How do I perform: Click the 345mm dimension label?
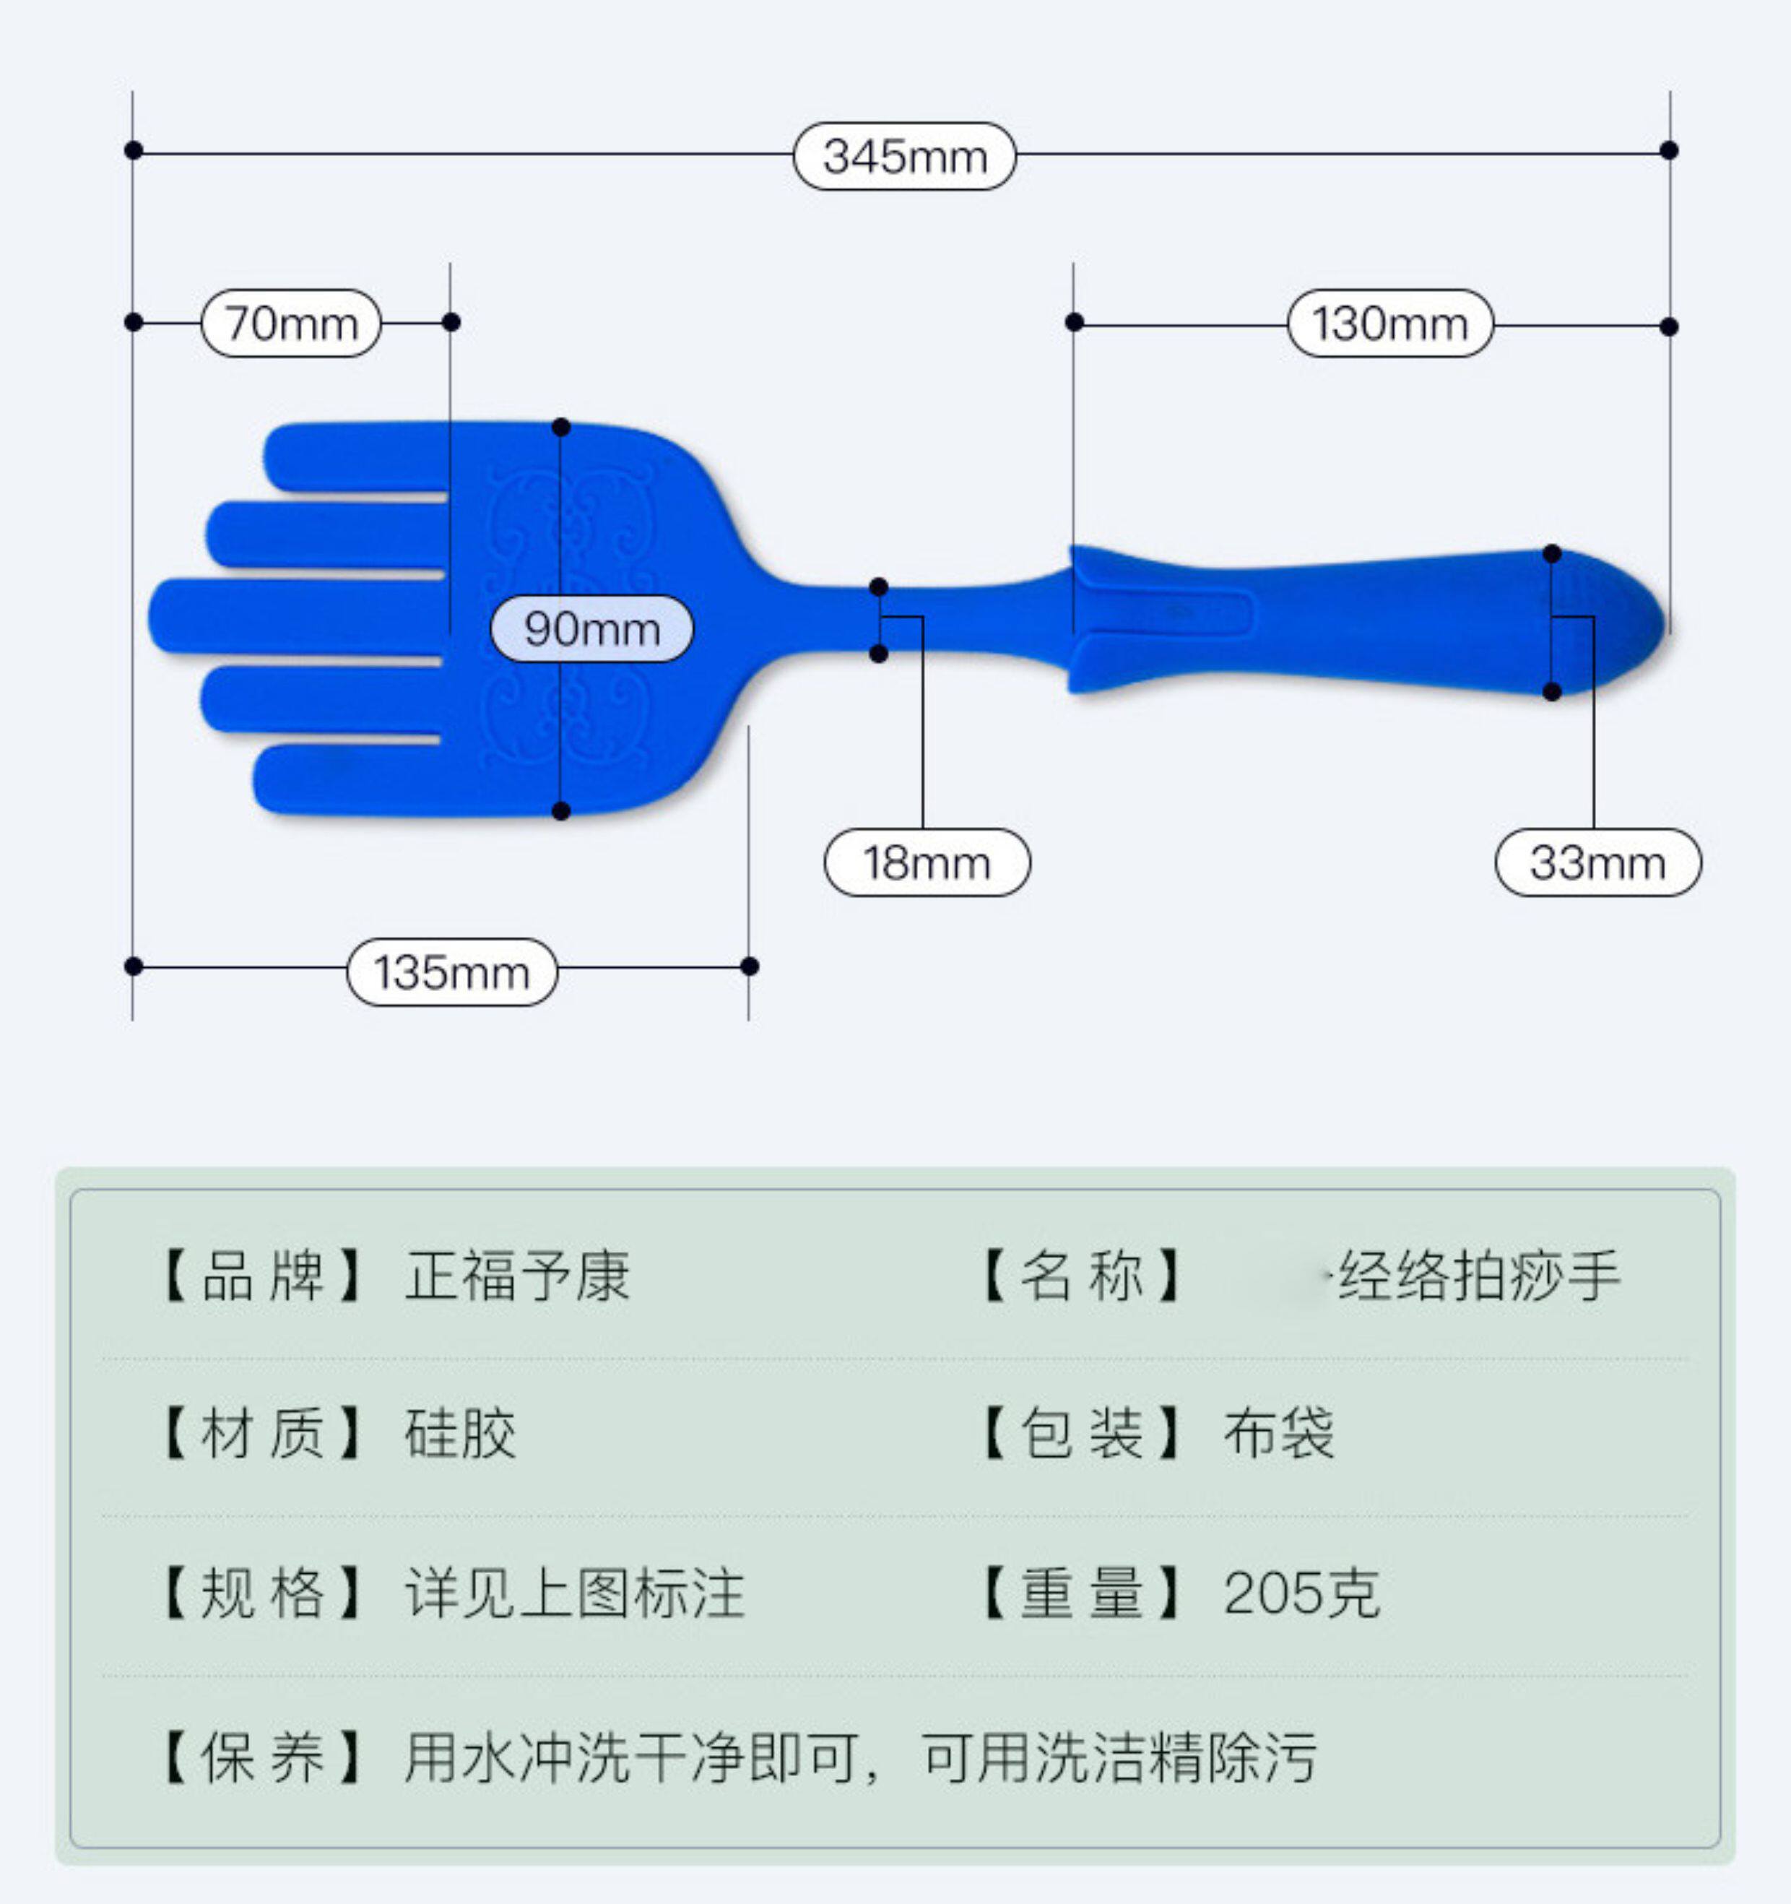click(904, 156)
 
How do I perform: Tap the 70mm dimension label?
click(291, 324)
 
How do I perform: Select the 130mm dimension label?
click(1389, 324)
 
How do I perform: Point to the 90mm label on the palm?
click(592, 629)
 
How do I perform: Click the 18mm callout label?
click(926, 863)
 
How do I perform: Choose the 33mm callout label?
click(1597, 863)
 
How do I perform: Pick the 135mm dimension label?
click(451, 972)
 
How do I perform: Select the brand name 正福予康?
click(517, 1276)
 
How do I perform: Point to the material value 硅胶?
click(461, 1434)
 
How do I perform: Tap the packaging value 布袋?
click(1278, 1434)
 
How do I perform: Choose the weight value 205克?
click(1301, 1593)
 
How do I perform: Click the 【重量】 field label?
click(1081, 1593)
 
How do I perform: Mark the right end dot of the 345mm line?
click(1668, 150)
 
